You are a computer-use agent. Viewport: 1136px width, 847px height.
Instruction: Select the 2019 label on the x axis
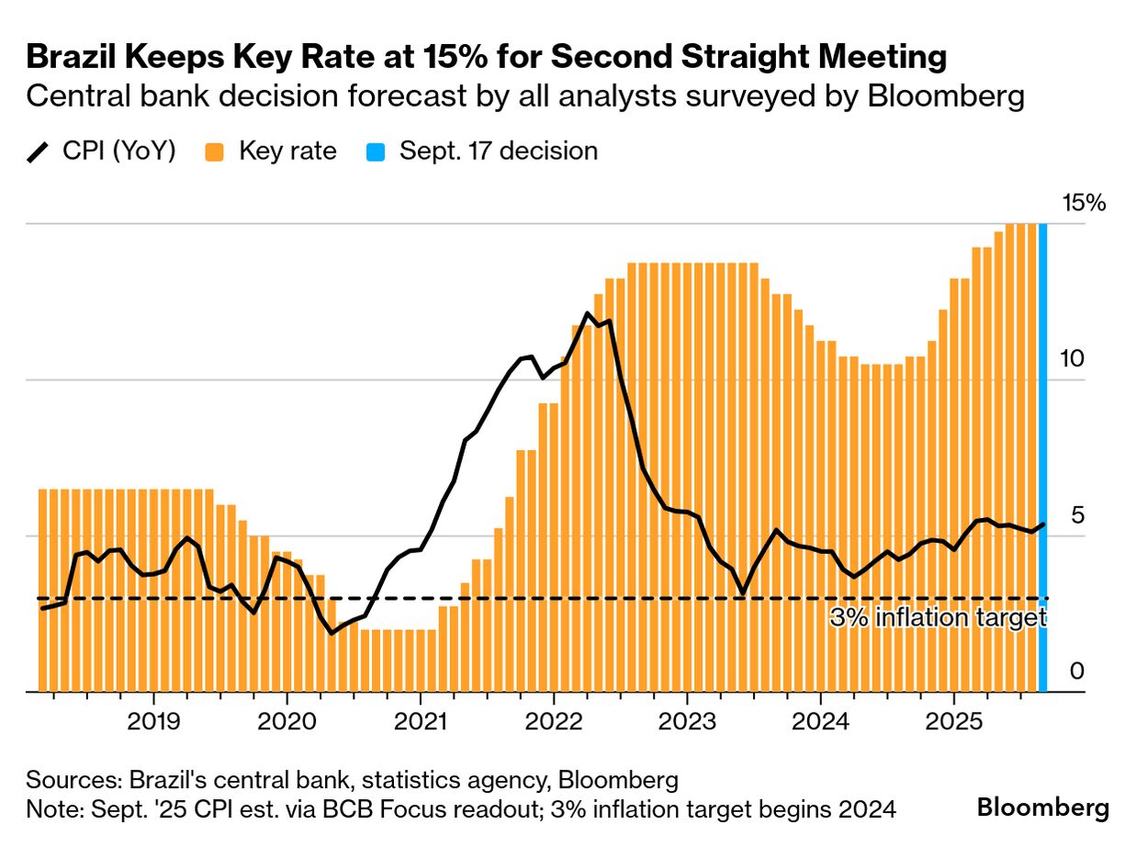[x=153, y=722]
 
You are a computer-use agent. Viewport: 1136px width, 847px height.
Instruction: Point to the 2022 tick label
[x=554, y=722]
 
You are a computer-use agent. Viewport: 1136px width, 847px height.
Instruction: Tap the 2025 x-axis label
[x=954, y=722]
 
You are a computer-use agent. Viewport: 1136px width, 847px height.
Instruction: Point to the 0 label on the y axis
[x=1077, y=672]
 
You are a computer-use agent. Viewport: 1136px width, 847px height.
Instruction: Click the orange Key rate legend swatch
[x=215, y=152]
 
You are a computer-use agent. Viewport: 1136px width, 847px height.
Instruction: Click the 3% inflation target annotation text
[x=938, y=618]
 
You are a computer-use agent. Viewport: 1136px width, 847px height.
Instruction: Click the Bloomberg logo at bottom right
[x=1042, y=808]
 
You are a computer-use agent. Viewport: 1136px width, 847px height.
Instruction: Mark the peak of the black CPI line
[x=588, y=313]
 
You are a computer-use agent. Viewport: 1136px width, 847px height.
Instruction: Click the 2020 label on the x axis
[x=287, y=722]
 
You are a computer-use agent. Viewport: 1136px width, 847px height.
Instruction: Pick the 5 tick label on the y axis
[x=1077, y=515]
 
